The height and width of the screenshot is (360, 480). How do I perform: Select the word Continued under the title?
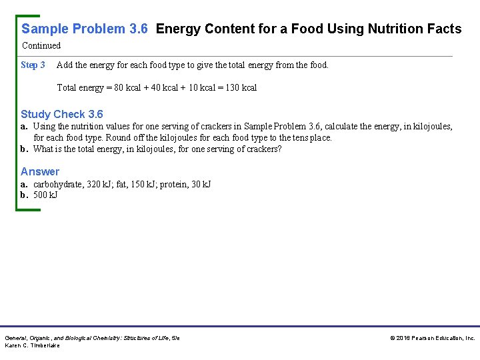click(41, 46)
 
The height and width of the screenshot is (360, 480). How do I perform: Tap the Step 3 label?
click(33, 65)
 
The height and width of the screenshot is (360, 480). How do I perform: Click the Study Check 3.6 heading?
click(62, 114)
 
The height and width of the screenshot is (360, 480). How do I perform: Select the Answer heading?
click(40, 171)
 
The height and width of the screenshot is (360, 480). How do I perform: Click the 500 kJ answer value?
click(45, 195)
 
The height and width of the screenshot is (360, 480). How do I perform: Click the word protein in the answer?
click(173, 184)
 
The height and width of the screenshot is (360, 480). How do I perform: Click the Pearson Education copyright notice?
click(432, 339)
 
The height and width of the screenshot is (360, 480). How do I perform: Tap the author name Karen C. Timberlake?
click(32, 345)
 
